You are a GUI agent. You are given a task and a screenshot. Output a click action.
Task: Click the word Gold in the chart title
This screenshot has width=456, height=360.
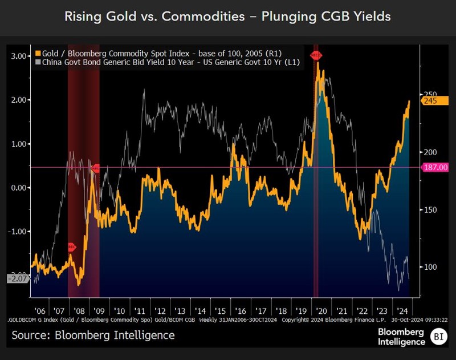click(121, 16)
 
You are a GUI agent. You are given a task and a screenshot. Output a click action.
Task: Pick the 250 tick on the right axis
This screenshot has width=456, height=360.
click(429, 94)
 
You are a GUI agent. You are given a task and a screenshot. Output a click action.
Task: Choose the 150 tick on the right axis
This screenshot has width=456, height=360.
click(429, 210)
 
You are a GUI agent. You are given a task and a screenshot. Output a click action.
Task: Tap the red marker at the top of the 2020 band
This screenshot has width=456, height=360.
click(316, 55)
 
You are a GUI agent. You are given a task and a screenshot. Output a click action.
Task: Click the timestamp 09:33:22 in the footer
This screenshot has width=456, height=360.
click(433, 320)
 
